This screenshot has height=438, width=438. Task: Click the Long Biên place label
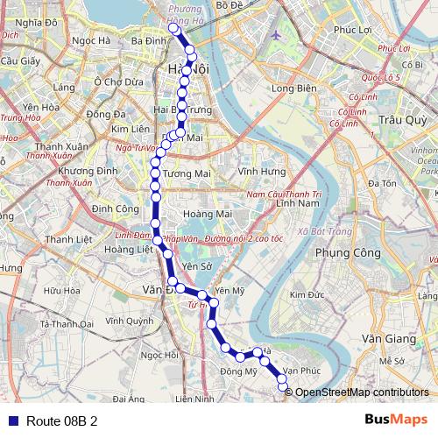[x=293, y=88]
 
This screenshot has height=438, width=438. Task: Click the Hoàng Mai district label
[x=207, y=213]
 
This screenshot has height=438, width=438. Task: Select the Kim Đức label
[x=307, y=295]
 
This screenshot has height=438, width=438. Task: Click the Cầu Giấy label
[x=17, y=61]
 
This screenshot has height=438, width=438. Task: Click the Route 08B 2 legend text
[x=61, y=420]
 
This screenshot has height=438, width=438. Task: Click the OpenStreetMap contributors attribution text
[x=362, y=392]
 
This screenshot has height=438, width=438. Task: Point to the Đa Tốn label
[x=382, y=183]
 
